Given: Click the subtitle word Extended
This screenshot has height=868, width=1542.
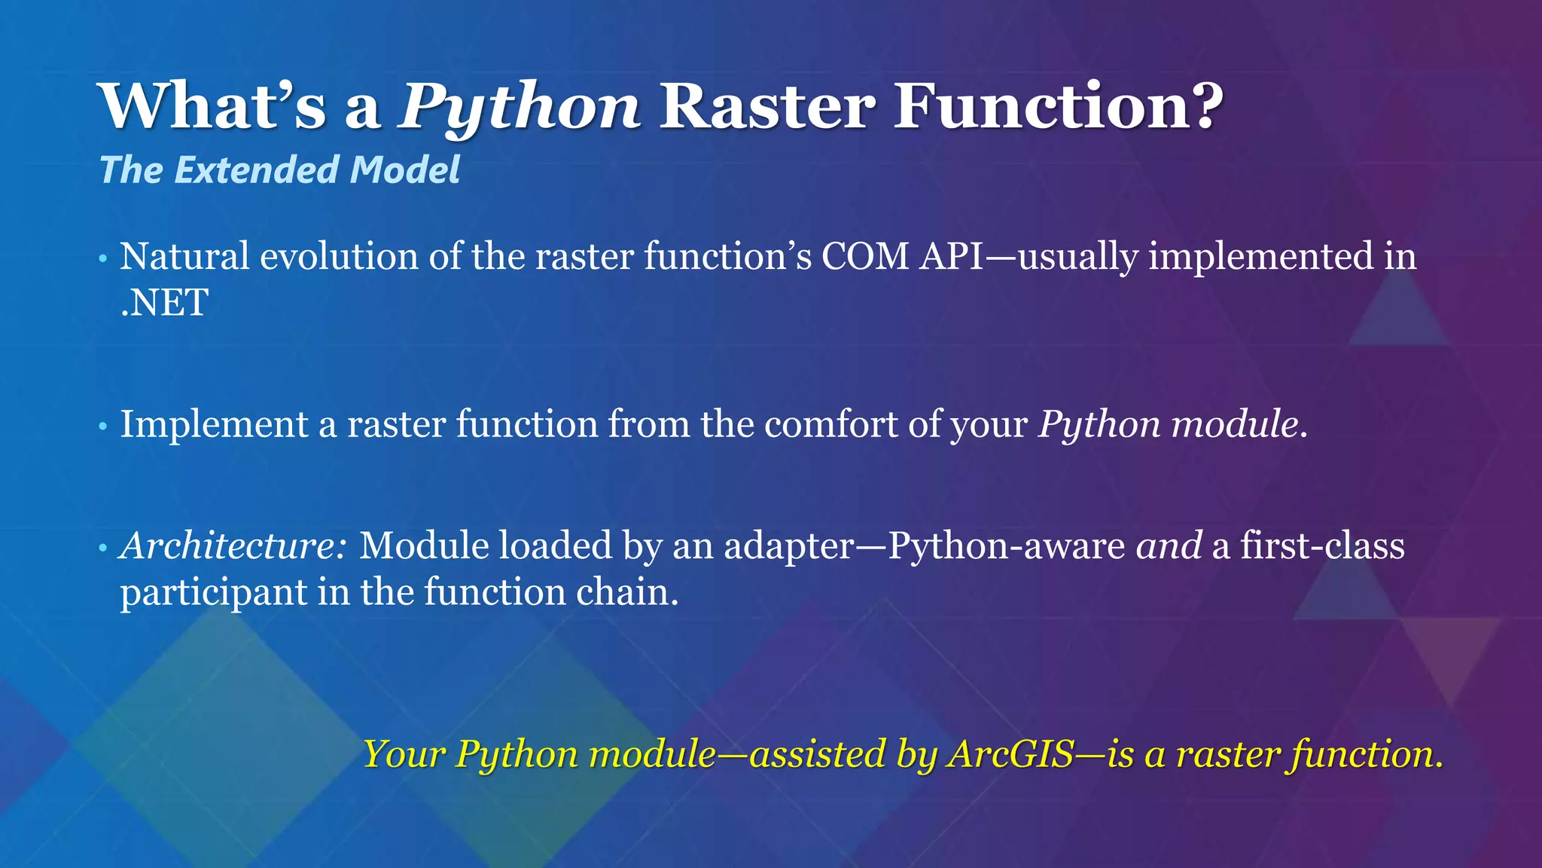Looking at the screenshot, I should click(256, 170).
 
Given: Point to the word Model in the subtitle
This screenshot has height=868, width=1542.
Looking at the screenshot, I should click(404, 170).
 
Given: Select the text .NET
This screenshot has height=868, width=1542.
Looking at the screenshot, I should click(164, 303).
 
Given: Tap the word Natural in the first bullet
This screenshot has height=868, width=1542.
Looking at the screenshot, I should click(184, 256).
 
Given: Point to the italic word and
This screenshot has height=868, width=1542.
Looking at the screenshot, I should click(1169, 546).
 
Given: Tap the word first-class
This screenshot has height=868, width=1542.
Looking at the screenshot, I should click(1322, 546).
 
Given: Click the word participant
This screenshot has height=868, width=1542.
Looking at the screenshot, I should click(213, 593).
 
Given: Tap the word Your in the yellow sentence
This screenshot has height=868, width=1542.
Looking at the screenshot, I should click(405, 753).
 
